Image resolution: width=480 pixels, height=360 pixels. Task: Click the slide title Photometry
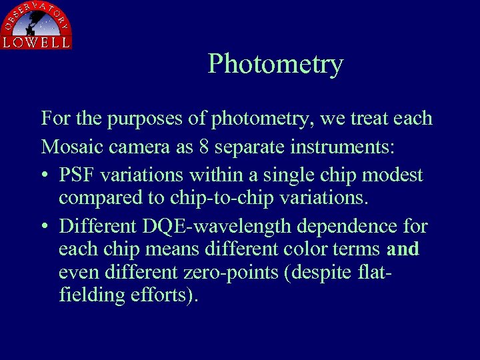tap(275, 64)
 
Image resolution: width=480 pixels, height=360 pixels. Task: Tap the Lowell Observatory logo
tap(36, 25)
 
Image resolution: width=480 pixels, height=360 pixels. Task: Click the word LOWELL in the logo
tap(36, 42)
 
